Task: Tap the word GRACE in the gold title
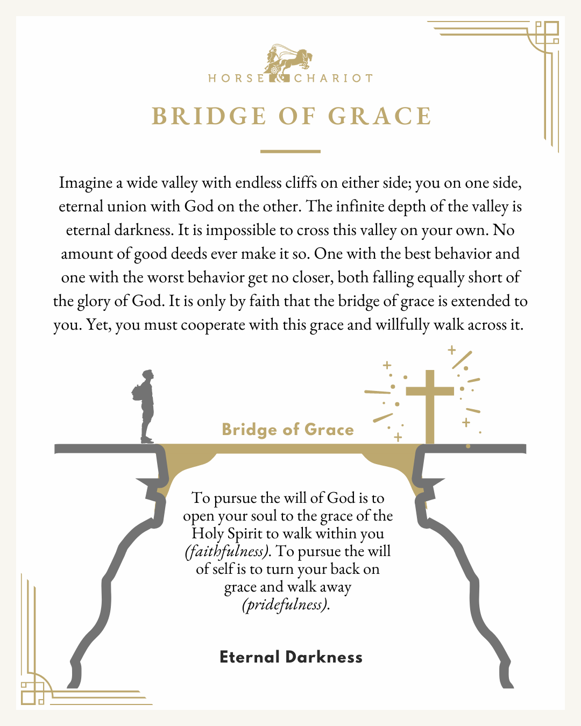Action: pyautogui.click(x=380, y=116)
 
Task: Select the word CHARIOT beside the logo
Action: pyautogui.click(x=334, y=79)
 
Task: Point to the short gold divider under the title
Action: pyautogui.click(x=290, y=152)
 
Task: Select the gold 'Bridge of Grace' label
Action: pyautogui.click(x=288, y=430)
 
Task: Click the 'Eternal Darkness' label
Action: pyautogui.click(x=291, y=657)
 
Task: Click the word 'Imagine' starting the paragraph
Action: pyautogui.click(x=85, y=183)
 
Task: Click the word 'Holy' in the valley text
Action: pyautogui.click(x=208, y=533)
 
